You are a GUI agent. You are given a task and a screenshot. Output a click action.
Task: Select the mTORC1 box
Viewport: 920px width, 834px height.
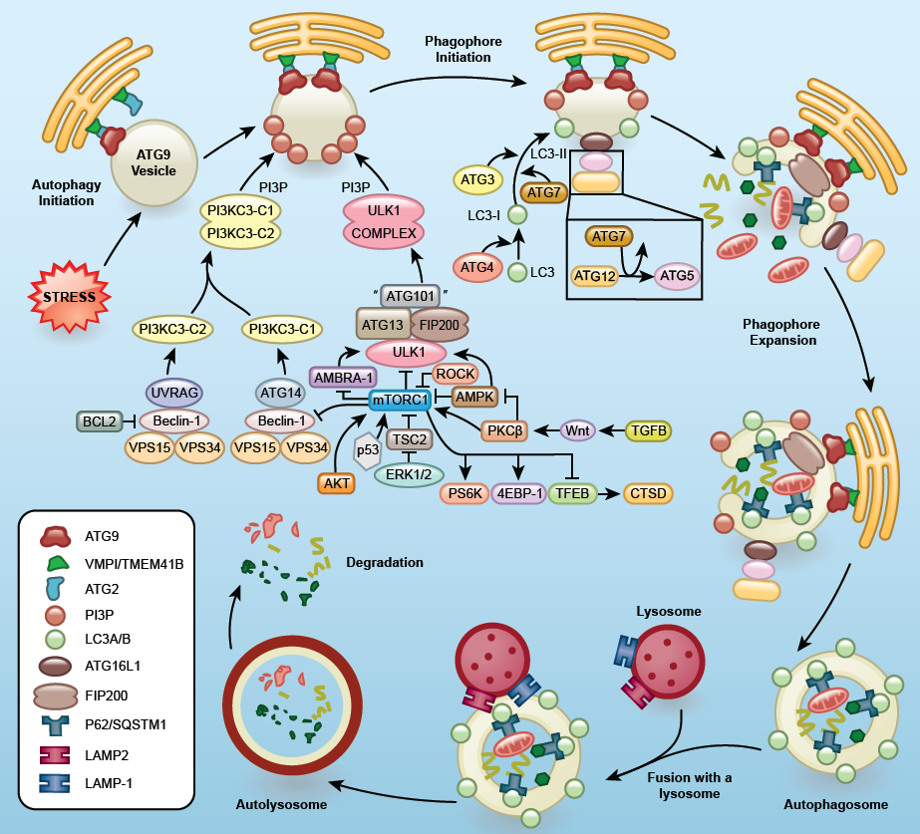tap(399, 401)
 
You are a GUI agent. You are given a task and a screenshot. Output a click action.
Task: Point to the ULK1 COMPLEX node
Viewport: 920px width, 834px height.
tap(384, 221)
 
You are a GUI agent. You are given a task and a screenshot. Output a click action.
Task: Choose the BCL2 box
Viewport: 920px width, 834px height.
tap(99, 421)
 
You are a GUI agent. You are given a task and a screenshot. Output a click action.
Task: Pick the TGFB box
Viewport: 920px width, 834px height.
tap(647, 430)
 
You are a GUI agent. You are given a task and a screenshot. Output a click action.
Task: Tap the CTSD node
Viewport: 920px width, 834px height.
tap(647, 491)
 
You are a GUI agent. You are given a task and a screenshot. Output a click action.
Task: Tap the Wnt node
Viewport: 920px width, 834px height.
tap(577, 430)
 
